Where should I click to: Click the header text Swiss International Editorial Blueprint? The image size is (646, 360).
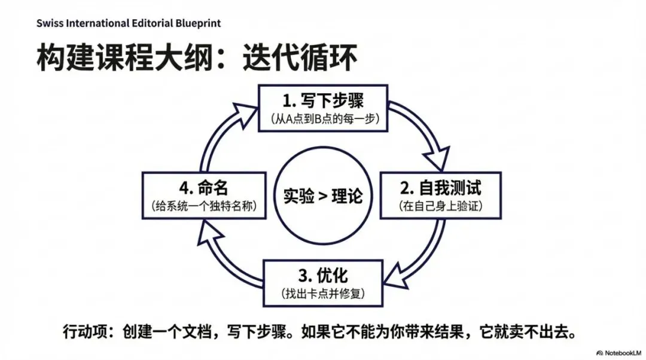(128, 23)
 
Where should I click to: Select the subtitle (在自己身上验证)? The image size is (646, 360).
(440, 206)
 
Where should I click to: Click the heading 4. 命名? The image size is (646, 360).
(205, 188)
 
